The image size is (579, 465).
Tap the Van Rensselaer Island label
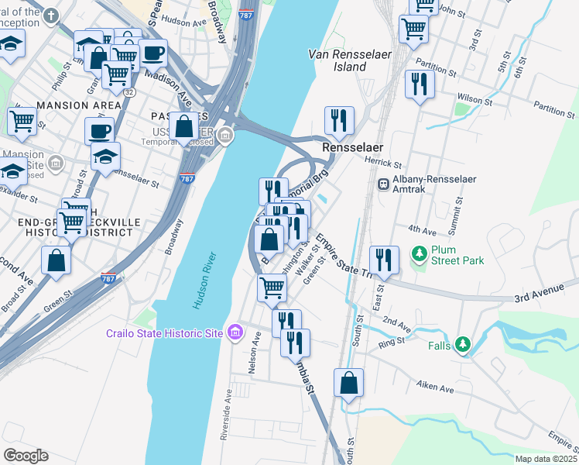pyautogui.click(x=337, y=60)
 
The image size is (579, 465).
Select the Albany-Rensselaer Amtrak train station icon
pyautogui.click(x=382, y=184)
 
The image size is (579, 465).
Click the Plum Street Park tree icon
pyautogui.click(x=419, y=253)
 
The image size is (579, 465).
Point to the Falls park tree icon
pyautogui.click(x=463, y=343)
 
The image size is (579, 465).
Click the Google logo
pyautogui.click(x=26, y=455)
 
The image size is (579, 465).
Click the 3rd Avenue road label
pyautogui.click(x=540, y=298)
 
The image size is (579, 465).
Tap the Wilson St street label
pyautogui.click(x=474, y=100)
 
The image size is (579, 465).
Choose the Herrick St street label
pyautogui.click(x=383, y=164)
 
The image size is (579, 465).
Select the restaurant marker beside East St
pyautogui.click(x=383, y=258)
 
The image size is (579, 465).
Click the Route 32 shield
pyautogui.click(x=125, y=91)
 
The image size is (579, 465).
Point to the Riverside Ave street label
pyautogui.click(x=226, y=414)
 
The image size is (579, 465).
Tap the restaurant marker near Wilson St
pyautogui.click(x=420, y=84)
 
